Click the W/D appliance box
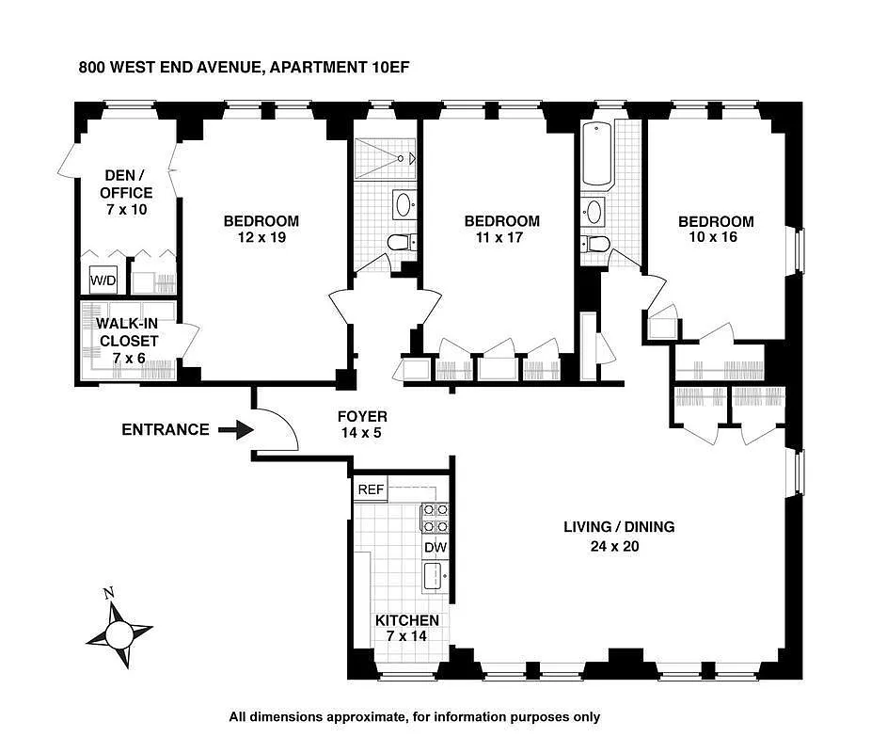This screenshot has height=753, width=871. click(102, 280)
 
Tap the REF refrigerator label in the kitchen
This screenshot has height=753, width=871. click(369, 490)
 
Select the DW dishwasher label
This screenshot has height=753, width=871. click(435, 547)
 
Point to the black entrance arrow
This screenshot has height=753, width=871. click(236, 430)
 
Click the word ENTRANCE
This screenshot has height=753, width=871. click(166, 430)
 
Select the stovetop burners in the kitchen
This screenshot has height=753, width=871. click(435, 519)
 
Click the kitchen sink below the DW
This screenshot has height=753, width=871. click(435, 576)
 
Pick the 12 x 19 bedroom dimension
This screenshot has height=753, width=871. click(261, 237)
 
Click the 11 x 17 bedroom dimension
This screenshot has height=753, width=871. click(502, 237)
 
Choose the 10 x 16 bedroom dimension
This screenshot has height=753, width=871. click(716, 237)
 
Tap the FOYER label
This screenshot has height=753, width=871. click(362, 416)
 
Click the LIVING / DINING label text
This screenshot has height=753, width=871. click(618, 527)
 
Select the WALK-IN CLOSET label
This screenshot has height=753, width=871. click(128, 332)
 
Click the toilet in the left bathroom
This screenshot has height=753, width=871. click(400, 243)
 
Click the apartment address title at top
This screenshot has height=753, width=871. click(243, 67)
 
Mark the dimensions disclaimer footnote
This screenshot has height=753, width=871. click(414, 717)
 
